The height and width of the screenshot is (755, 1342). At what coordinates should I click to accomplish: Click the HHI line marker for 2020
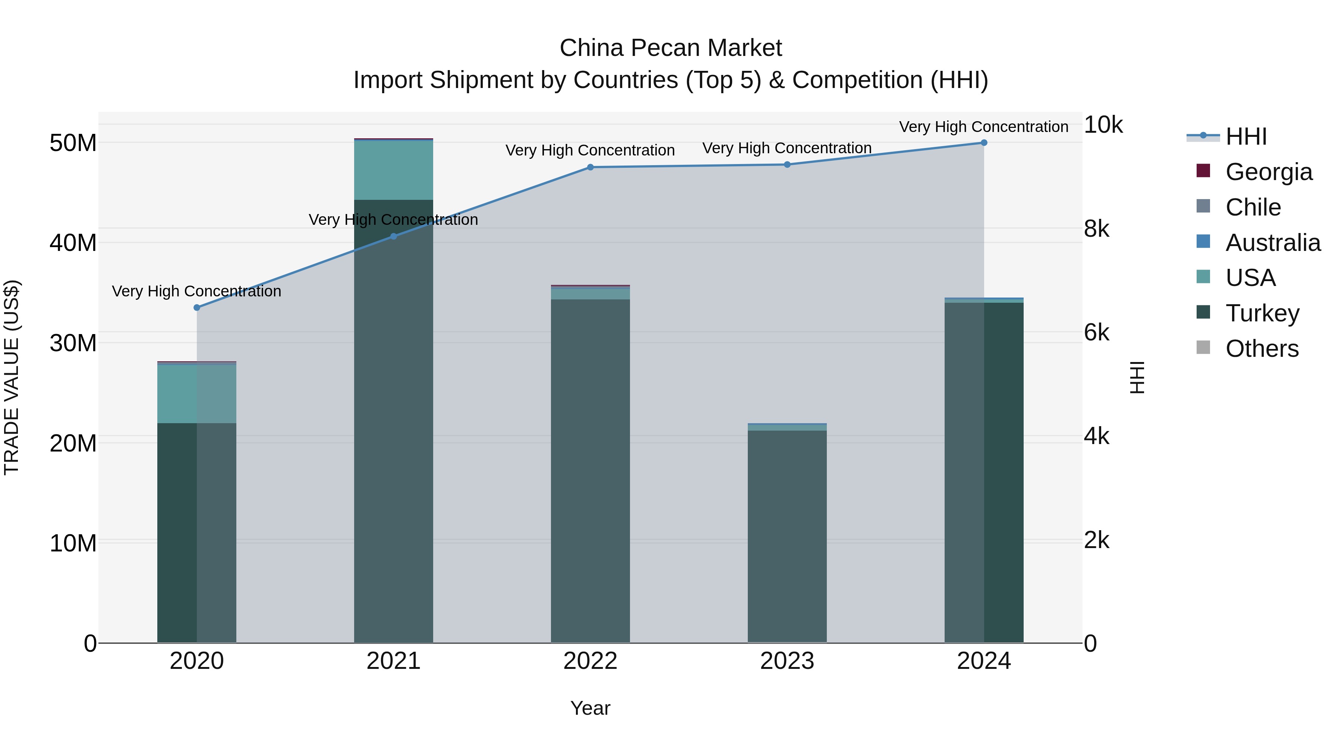point(197,308)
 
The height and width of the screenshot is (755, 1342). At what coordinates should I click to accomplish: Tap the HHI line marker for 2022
point(590,167)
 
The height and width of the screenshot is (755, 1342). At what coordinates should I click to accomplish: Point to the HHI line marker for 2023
point(787,165)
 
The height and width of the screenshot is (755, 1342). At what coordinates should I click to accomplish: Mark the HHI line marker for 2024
point(984,143)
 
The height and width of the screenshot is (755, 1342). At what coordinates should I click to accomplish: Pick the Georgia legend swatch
point(1203,171)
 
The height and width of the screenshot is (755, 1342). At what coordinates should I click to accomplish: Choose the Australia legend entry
point(1273,243)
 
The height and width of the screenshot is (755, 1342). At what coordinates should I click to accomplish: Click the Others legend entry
point(1262,349)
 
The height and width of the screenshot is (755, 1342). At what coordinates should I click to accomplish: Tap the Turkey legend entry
point(1262,313)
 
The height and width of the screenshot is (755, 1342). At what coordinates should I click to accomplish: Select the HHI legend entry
point(1245,136)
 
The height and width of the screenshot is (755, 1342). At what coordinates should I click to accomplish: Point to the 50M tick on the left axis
point(73,143)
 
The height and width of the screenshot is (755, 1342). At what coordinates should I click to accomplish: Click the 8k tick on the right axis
point(1097,229)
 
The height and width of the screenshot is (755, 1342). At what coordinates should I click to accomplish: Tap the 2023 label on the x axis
point(787,661)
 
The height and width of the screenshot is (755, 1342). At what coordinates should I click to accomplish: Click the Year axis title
point(590,708)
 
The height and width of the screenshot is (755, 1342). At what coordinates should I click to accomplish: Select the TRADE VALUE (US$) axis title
point(12,377)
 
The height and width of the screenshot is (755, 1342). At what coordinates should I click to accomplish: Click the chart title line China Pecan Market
point(671,48)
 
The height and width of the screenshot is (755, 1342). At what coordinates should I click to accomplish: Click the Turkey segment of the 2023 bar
point(787,537)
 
